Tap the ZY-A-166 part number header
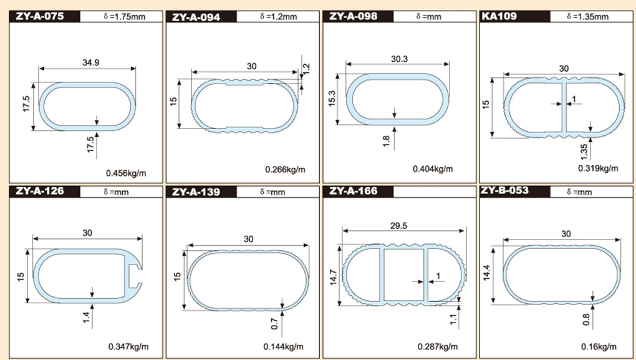coord(353,191)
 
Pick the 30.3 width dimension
coord(400,59)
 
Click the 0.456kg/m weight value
coord(126,173)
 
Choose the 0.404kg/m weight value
coord(433,168)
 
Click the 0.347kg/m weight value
coord(128,346)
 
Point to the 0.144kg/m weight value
coord(283,346)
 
